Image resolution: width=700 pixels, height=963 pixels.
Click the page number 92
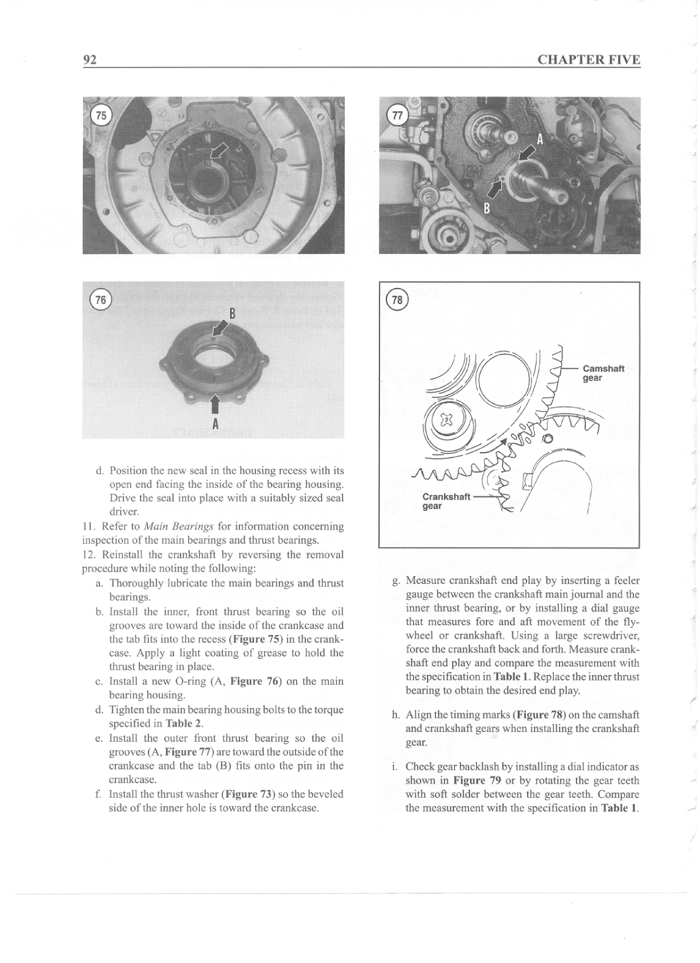coord(90,60)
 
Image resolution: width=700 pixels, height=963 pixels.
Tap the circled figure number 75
coord(102,115)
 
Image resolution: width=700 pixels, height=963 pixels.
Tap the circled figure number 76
coord(101,300)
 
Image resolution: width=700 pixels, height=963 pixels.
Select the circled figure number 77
coord(398,115)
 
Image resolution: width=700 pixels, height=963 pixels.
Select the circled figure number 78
coord(398,300)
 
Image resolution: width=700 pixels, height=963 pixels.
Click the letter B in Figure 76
coord(232,313)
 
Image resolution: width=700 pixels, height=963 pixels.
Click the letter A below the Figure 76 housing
coord(215,423)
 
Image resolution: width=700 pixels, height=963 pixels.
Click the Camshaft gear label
coord(603,373)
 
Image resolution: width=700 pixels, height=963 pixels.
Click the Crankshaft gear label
coord(446,501)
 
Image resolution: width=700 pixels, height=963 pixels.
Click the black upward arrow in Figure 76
coord(215,404)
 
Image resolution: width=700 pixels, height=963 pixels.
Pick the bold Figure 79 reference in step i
coord(477,781)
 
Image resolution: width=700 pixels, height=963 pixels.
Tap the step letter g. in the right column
coord(396,581)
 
